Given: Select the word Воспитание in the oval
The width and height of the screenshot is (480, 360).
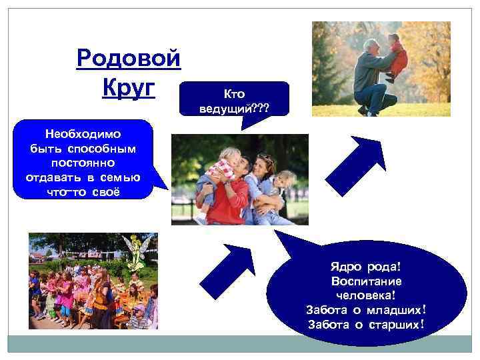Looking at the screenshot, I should (365, 281).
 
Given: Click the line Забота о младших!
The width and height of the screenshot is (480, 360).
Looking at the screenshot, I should (365, 310).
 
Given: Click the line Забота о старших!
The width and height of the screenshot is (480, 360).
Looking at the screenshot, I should (365, 325).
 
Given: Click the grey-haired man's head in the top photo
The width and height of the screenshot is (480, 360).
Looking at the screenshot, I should (371, 47).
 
